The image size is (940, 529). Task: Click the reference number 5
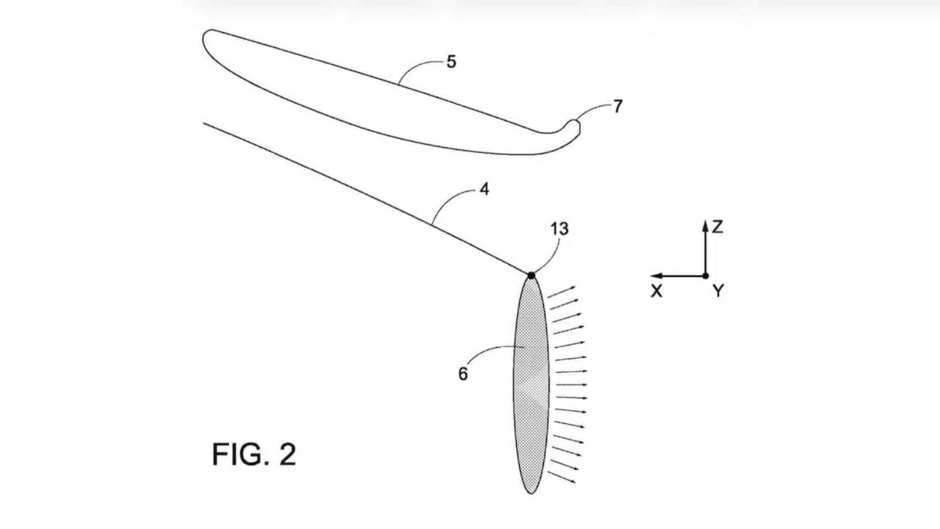451,62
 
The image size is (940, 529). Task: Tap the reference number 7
617,106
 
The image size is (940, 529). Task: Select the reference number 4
484,189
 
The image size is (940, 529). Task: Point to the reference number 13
559,229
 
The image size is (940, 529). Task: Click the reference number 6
463,374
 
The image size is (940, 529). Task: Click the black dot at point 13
531,276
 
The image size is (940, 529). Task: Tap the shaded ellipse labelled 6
531,384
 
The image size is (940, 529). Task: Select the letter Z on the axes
717,227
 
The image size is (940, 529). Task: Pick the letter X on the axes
656,290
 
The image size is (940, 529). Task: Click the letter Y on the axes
719,290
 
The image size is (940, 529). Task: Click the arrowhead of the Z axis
706,226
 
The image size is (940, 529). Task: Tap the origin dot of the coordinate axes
706,276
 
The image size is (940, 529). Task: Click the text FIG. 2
254,454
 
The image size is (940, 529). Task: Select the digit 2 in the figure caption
288,454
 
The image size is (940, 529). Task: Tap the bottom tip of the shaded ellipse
531,494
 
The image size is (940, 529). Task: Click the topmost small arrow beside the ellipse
562,292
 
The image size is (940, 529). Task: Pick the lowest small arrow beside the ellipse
562,477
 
